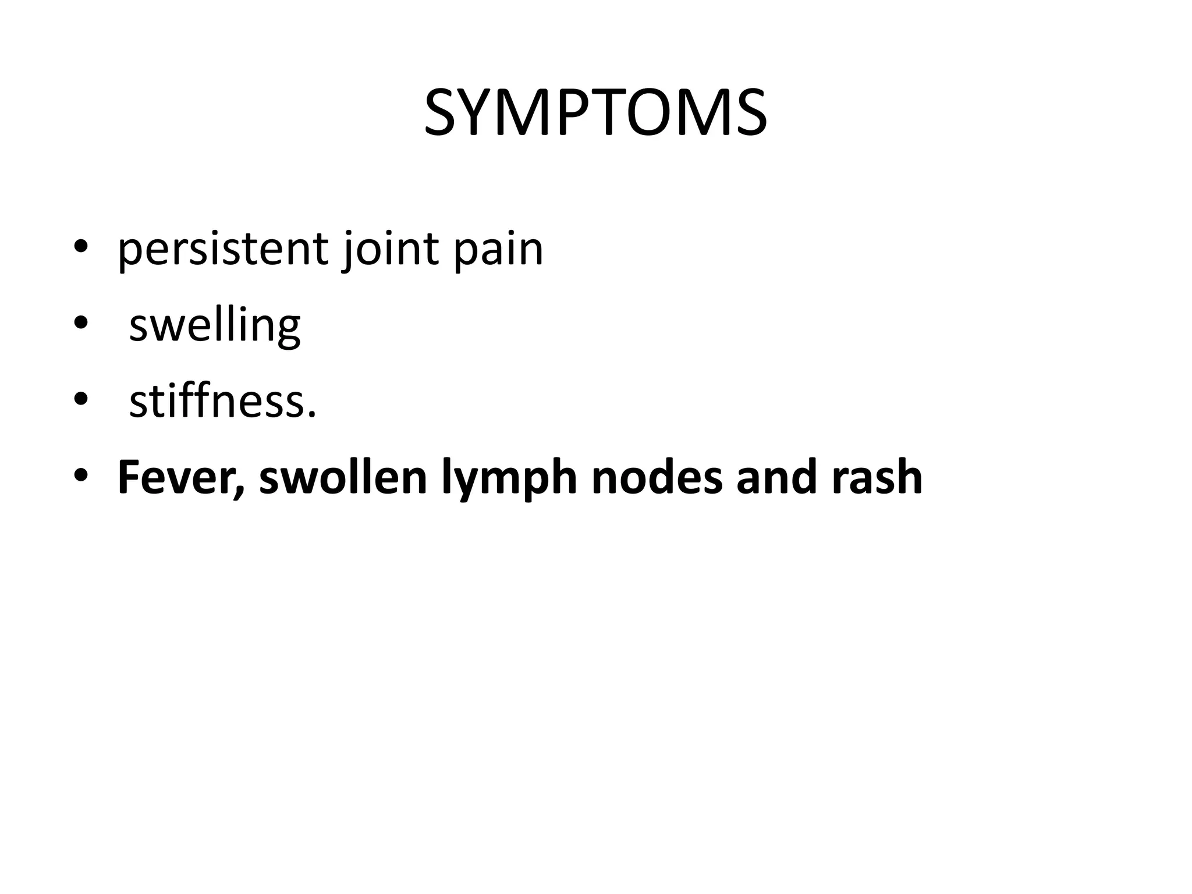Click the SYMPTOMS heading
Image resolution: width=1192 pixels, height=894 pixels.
pyautogui.click(x=595, y=113)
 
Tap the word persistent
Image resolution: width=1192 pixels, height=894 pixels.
pyautogui.click(x=222, y=249)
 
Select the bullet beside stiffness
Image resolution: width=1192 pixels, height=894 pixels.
pyautogui.click(x=81, y=400)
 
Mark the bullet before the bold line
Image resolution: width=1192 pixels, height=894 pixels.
pyautogui.click(x=81, y=476)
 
